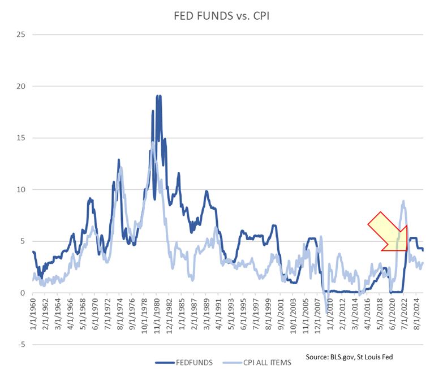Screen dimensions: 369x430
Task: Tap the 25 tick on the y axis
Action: [x=22, y=34]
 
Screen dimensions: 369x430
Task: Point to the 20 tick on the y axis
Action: [x=22, y=86]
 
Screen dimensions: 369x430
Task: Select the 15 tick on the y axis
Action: [x=22, y=138]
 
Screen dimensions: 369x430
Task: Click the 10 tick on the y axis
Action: [x=22, y=189]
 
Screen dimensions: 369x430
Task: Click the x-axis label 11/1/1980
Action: [x=156, y=314]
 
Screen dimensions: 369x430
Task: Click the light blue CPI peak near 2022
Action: [x=403, y=201]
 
